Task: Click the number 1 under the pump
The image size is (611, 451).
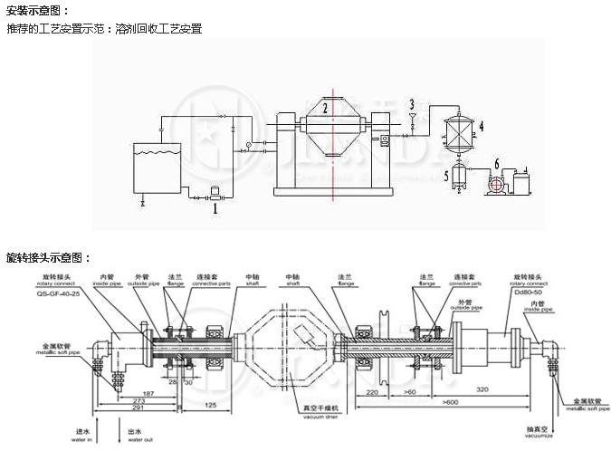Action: [215, 207]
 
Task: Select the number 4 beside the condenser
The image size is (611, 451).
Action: [482, 126]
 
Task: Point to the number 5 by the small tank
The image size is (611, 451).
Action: [445, 172]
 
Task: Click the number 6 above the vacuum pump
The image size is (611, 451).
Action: [495, 163]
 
